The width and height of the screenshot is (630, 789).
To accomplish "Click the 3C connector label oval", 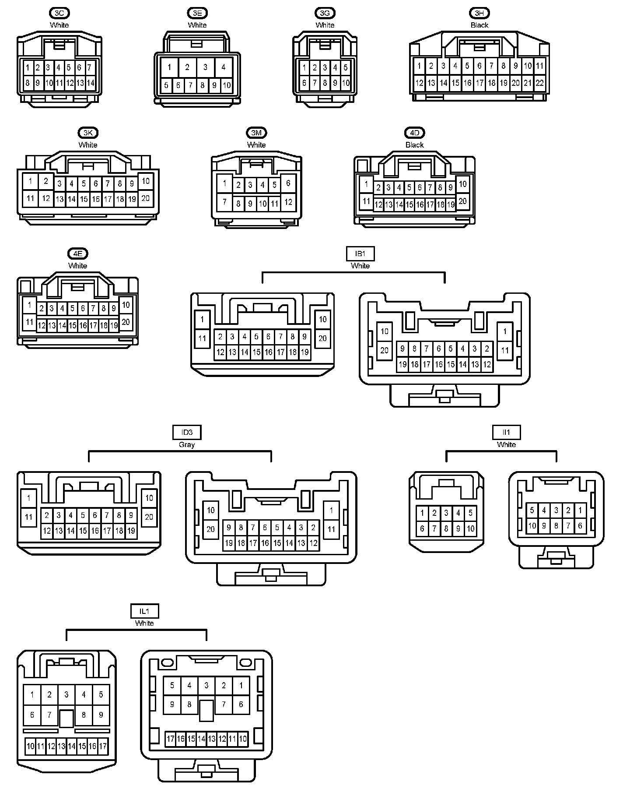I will (59, 13).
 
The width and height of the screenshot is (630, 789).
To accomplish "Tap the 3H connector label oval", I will (479, 13).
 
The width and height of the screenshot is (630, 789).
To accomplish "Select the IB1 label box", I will (360, 254).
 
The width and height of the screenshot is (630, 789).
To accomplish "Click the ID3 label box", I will (187, 432).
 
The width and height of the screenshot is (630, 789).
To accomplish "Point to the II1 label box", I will (506, 432).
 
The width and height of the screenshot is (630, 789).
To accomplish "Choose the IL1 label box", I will (144, 611).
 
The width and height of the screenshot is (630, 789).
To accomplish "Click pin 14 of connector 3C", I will (91, 83).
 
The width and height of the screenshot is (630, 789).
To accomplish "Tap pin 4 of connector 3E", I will (223, 67).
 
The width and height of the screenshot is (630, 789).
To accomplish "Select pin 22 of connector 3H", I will (540, 83).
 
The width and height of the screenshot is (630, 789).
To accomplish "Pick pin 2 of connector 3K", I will (45, 181).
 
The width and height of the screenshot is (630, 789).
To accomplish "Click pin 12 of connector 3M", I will (288, 202).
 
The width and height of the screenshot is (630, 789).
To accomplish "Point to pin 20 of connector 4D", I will (462, 201).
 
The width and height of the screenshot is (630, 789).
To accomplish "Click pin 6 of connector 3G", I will (304, 83).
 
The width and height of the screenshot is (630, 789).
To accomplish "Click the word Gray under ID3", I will (187, 444).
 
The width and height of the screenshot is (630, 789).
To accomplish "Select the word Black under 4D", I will (414, 145).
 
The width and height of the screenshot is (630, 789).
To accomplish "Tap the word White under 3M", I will (256, 145).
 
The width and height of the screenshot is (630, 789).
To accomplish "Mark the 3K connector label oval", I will (88, 133).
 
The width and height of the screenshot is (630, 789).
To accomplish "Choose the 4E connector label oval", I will (78, 254).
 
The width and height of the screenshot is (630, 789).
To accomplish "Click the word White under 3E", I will (197, 25).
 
